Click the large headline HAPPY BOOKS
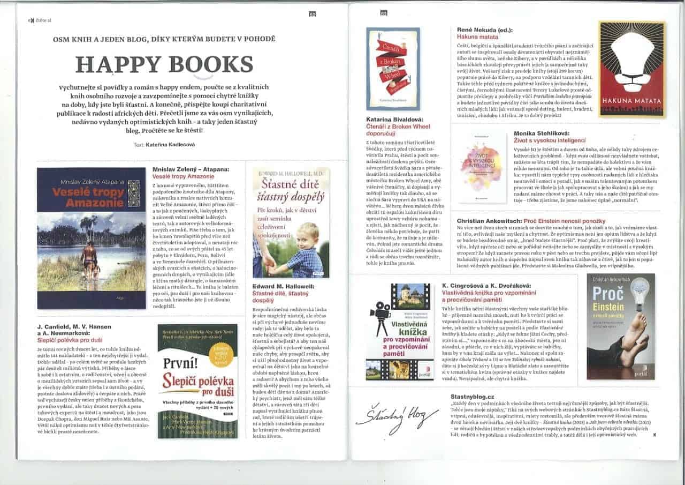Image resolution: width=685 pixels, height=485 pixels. click(164, 64)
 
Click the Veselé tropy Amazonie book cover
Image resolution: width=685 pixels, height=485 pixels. click(92, 238)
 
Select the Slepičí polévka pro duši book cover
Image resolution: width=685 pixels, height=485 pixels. click(197, 380)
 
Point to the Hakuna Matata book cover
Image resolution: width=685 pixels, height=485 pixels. click(631, 70)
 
